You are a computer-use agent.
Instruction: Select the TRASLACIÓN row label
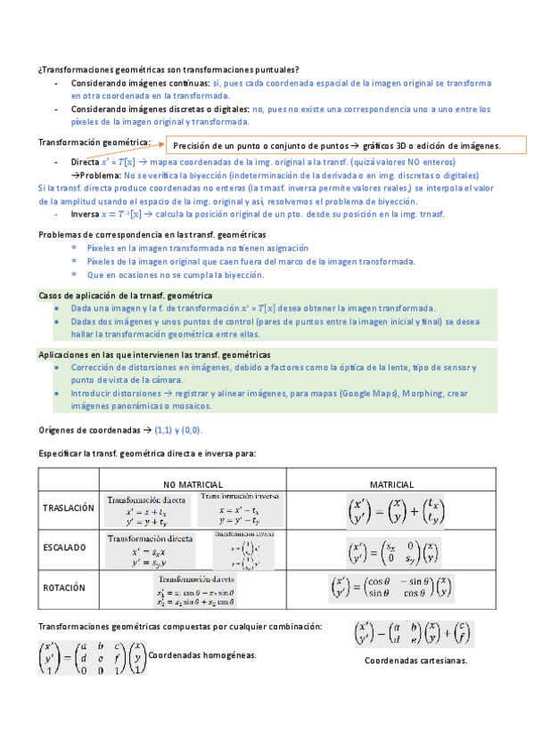pos(68,507)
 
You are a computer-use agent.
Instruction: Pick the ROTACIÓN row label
pos(63,588)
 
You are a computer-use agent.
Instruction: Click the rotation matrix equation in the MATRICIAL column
pos(391,588)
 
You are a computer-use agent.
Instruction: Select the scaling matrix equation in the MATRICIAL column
pos(391,549)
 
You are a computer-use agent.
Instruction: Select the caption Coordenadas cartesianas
pos(415,661)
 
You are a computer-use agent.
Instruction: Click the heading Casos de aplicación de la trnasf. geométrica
pos(125,295)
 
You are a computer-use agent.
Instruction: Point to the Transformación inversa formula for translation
pos(240,509)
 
